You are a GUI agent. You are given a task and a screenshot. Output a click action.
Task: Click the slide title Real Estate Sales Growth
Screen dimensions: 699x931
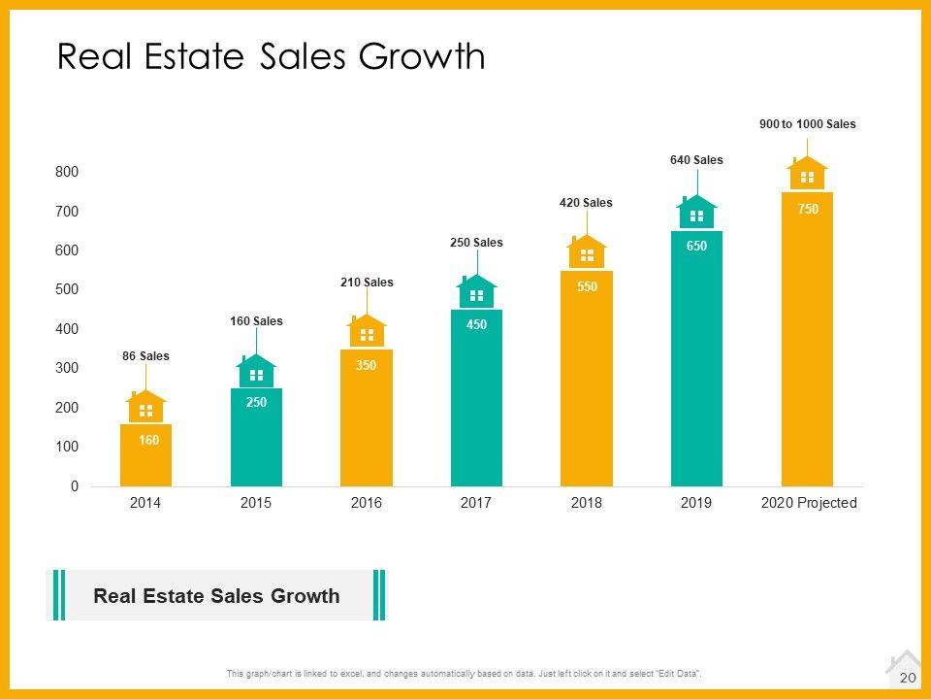(272, 56)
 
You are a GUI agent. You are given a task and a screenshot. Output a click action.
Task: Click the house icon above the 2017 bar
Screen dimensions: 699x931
(476, 294)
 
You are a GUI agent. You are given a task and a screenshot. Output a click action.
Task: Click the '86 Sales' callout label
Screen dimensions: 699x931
(145, 356)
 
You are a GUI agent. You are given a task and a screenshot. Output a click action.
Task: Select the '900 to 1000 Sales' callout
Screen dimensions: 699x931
(807, 124)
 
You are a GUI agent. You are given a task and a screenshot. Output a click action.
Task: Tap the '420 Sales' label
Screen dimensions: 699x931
(586, 203)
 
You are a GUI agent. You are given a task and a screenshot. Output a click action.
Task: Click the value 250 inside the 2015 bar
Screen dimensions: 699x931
(256, 402)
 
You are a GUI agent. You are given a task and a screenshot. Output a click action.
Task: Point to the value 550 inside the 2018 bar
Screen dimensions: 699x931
(586, 286)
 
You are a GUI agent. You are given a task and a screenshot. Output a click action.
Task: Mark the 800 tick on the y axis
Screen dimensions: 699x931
(67, 172)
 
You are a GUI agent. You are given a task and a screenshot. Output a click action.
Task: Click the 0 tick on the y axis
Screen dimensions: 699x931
(74, 486)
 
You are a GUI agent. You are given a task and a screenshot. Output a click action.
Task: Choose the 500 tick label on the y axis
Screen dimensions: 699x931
(67, 289)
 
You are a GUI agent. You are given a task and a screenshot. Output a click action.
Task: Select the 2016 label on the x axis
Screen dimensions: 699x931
(366, 503)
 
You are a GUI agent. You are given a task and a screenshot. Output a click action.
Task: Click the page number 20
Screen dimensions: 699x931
(909, 677)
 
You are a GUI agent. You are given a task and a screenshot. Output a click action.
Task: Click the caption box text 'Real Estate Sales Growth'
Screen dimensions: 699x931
(216, 596)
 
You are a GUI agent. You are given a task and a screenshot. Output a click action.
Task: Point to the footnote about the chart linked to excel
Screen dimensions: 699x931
(465, 674)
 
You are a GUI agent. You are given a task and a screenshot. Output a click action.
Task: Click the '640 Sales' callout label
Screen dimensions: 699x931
(696, 160)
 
